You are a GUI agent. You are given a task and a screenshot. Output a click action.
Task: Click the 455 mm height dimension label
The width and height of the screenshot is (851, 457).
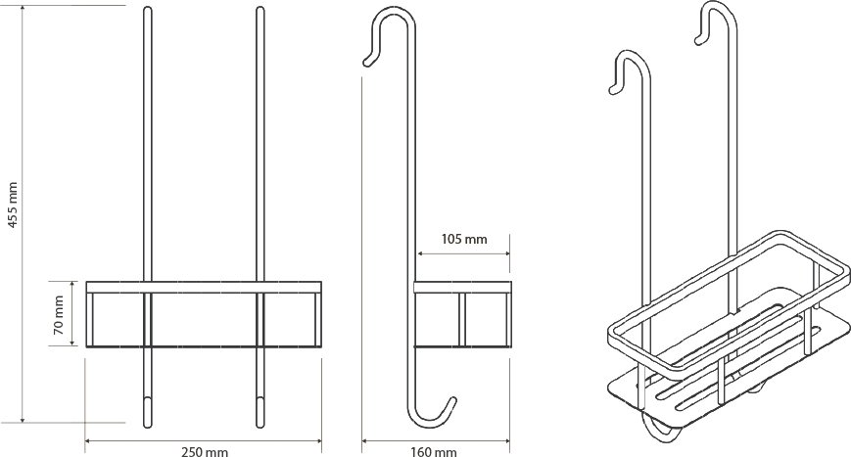[x=14, y=205]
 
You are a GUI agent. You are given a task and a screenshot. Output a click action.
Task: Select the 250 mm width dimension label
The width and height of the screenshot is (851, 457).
[x=204, y=451]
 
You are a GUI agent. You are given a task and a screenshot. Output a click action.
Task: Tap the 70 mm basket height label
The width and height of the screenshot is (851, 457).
[x=58, y=314]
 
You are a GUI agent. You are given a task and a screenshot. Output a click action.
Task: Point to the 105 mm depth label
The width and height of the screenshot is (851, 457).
[x=464, y=239]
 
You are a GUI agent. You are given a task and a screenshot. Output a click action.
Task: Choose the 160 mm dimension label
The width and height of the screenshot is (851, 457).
[x=433, y=451]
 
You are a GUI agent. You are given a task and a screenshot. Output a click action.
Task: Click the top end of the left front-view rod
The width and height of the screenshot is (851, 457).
[x=148, y=8]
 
